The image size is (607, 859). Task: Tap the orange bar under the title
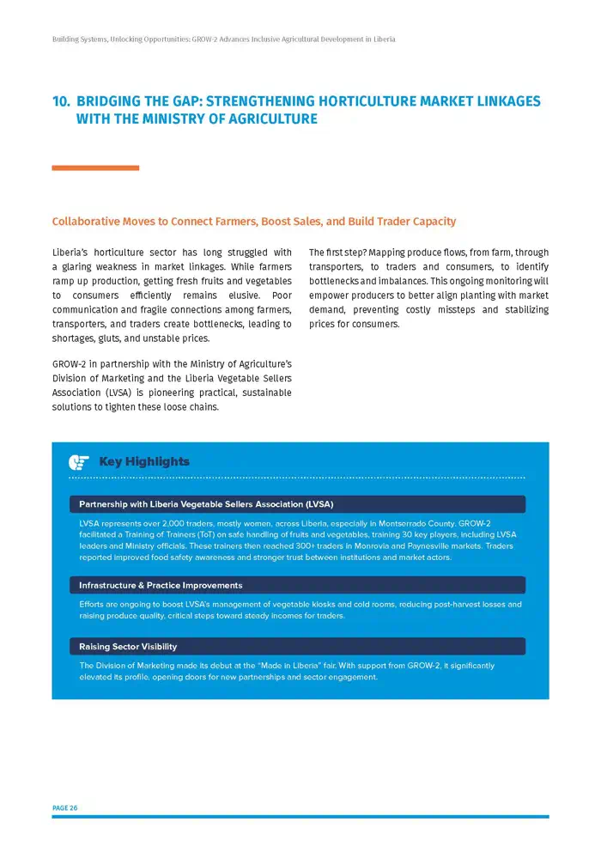coord(95,168)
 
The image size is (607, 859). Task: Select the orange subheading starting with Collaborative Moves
coord(254,222)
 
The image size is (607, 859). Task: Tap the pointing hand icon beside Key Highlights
coord(79,462)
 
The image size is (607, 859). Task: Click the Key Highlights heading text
coord(144,462)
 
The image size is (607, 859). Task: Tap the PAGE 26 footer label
coord(64,807)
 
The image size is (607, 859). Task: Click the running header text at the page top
coord(223,40)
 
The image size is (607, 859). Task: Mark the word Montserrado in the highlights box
coord(392,523)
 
